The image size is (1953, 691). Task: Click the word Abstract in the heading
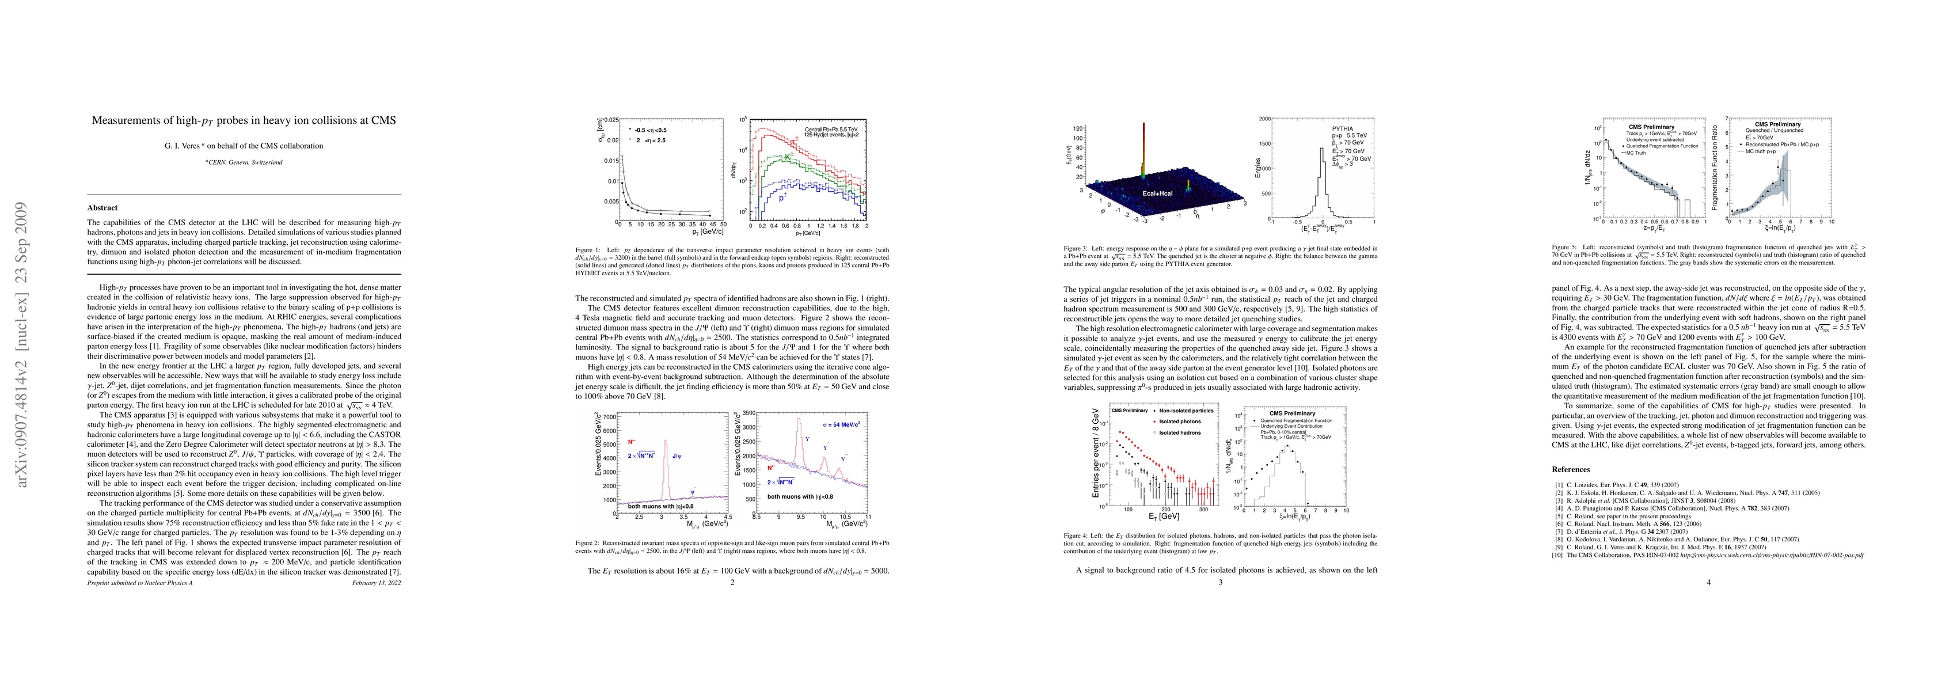pyautogui.click(x=102, y=208)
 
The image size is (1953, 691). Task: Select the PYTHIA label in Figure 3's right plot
pyautogui.click(x=1343, y=129)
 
